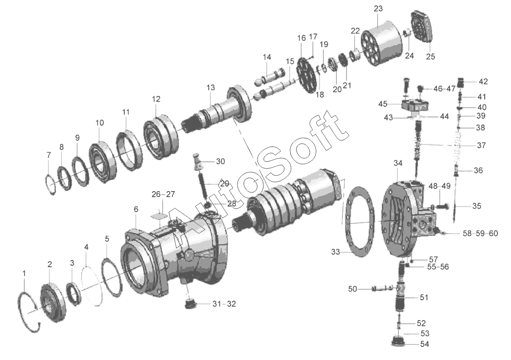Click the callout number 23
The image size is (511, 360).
pyautogui.click(x=378, y=9)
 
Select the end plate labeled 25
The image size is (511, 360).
pyautogui.click(x=422, y=30)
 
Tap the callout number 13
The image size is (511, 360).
pyautogui.click(x=210, y=87)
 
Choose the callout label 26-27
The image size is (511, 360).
pyautogui.click(x=163, y=194)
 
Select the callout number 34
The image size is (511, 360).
pyautogui.click(x=398, y=163)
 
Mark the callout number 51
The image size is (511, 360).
pyautogui.click(x=424, y=298)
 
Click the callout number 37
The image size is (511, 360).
pyautogui.click(x=481, y=145)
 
